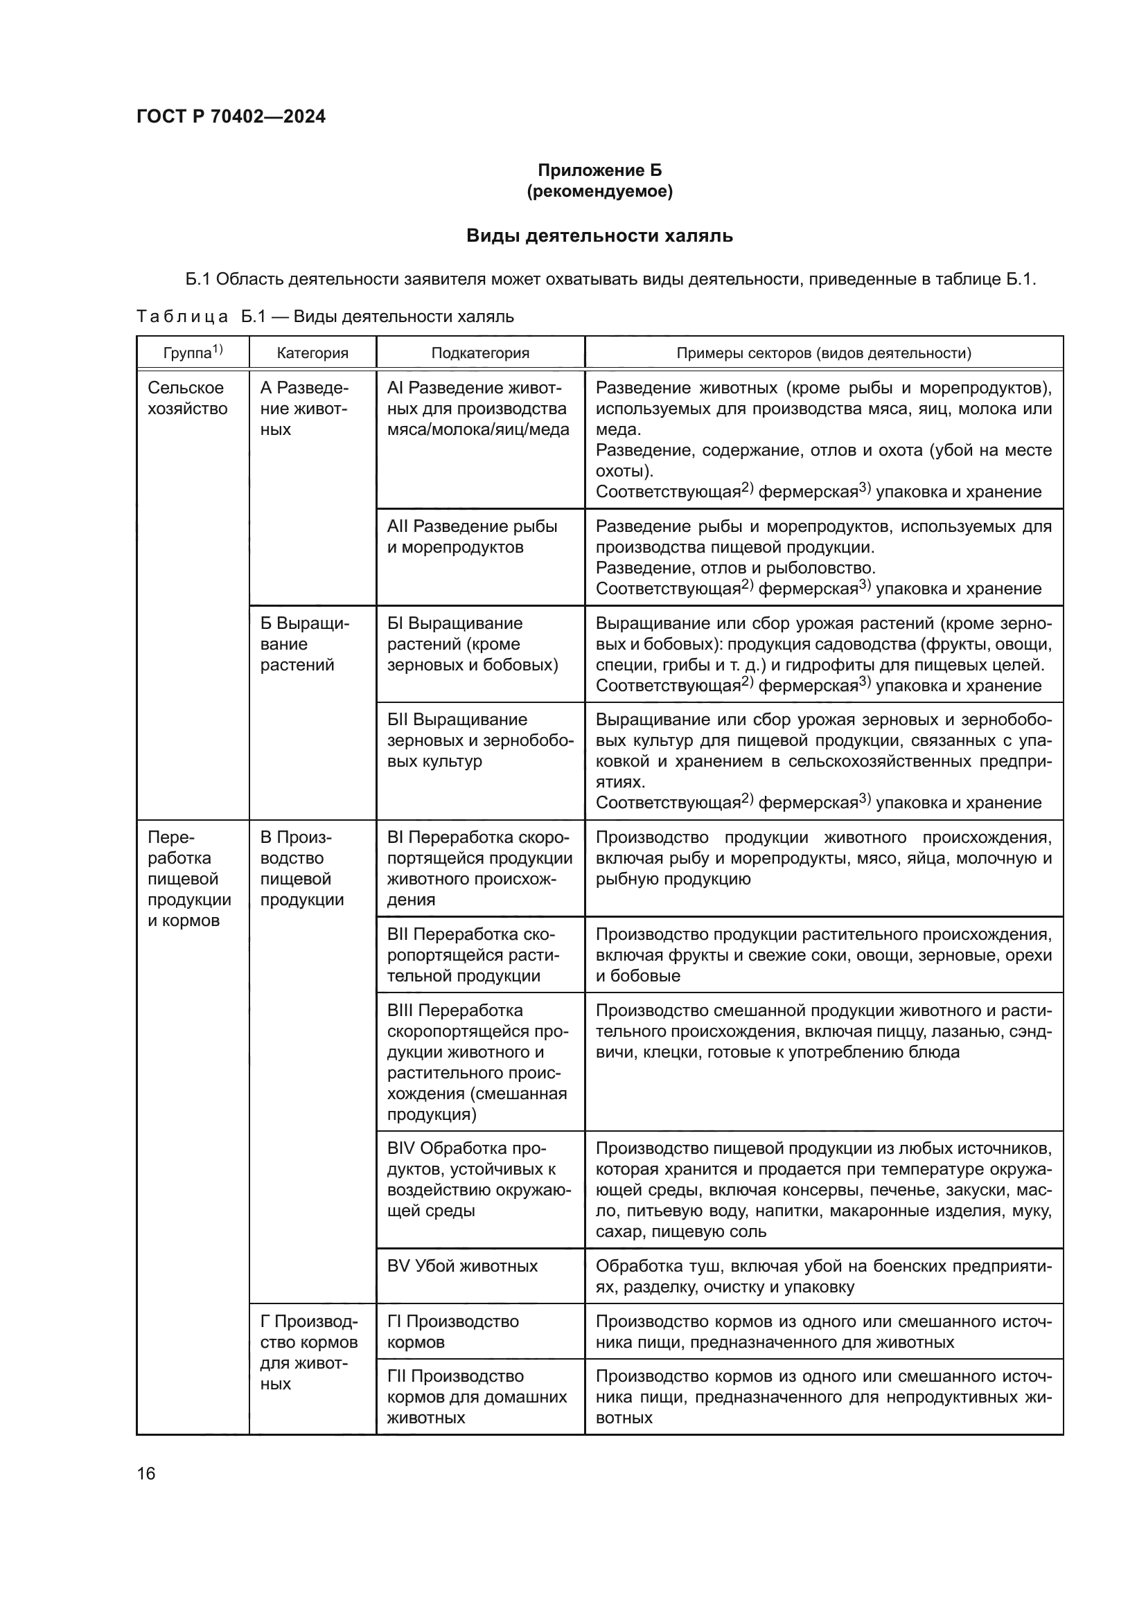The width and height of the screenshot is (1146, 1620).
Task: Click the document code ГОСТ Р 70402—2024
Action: pyautogui.click(x=231, y=116)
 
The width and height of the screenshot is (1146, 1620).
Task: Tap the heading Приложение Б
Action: pyautogui.click(x=599, y=170)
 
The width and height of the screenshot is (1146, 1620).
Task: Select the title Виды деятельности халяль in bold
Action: pyautogui.click(x=599, y=235)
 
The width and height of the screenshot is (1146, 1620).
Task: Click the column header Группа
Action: pyautogui.click(x=192, y=352)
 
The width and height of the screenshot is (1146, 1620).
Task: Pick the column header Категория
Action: pyautogui.click(x=312, y=353)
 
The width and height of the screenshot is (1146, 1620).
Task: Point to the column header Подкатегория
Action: pyautogui.click(x=480, y=353)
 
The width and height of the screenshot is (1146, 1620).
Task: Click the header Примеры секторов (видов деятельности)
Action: pyautogui.click(x=823, y=353)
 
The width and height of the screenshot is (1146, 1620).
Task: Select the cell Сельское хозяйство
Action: pyautogui.click(x=187, y=398)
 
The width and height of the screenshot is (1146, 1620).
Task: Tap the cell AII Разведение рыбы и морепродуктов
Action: pyautogui.click(x=471, y=536)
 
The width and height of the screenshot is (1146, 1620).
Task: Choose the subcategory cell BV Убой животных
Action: pyautogui.click(x=462, y=1266)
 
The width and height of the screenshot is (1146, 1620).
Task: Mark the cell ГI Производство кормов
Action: pyautogui.click(x=452, y=1331)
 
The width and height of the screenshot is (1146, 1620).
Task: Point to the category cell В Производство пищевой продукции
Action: pyautogui.click(x=301, y=869)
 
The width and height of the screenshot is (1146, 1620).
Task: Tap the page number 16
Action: pyautogui.click(x=146, y=1473)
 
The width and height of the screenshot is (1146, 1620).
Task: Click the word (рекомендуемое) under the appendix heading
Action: pyautogui.click(x=599, y=191)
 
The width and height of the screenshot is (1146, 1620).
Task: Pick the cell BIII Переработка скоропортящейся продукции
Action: pyautogui.click(x=477, y=1062)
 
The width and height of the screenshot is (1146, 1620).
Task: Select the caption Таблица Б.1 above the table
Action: pyautogui.click(x=324, y=316)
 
